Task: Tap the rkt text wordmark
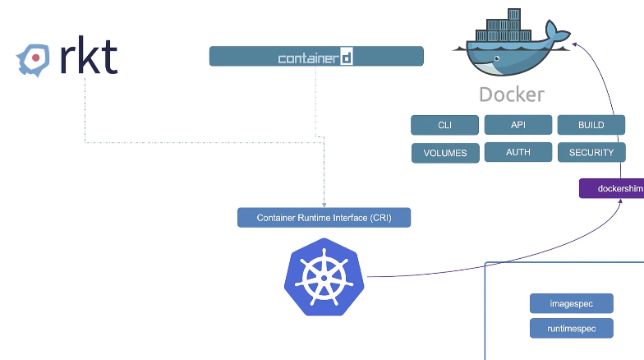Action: pos(89,57)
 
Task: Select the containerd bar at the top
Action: pos(316,57)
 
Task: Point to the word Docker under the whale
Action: pos(511,95)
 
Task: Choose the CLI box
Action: pos(444,125)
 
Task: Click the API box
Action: pos(517,125)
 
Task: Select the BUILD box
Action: pos(591,125)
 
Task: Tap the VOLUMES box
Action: pos(444,153)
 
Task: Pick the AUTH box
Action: pos(517,152)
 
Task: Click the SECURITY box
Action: pos(591,152)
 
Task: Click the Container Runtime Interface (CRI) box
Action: pos(324,218)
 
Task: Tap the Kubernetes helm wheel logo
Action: pos(324,277)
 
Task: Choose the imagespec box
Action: pos(571,303)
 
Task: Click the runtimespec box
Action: pos(571,329)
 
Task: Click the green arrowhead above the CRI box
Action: pos(324,204)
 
